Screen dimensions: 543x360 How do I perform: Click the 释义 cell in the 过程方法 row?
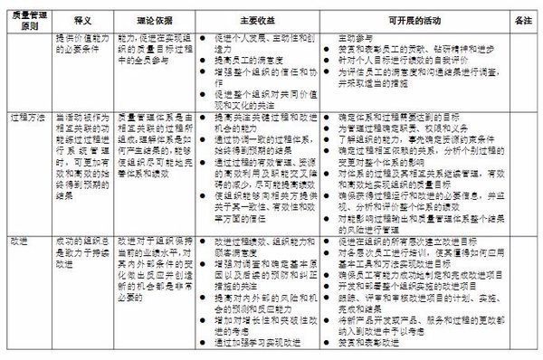84,154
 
